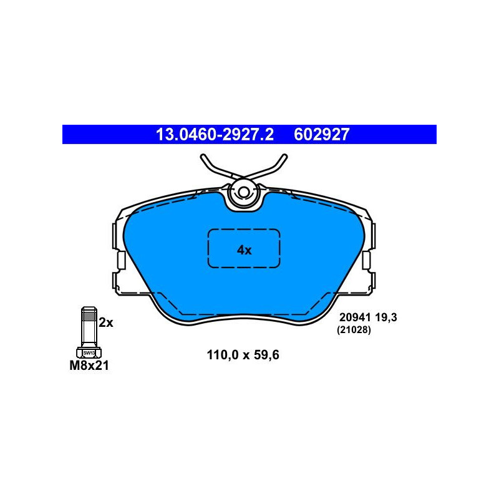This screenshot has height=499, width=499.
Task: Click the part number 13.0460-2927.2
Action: [x=215, y=134]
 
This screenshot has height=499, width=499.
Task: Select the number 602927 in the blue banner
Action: [x=321, y=134]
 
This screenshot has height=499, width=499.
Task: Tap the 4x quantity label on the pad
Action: [x=244, y=250]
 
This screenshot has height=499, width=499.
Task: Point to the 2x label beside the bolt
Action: [x=105, y=322]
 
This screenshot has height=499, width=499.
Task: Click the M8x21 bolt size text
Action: [x=89, y=366]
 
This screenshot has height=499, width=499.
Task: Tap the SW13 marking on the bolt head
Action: [x=89, y=353]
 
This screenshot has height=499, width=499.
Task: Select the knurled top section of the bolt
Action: [x=89, y=315]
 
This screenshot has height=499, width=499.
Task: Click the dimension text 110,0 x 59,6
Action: [x=243, y=355]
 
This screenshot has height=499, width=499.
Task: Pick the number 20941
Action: [x=355, y=317]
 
